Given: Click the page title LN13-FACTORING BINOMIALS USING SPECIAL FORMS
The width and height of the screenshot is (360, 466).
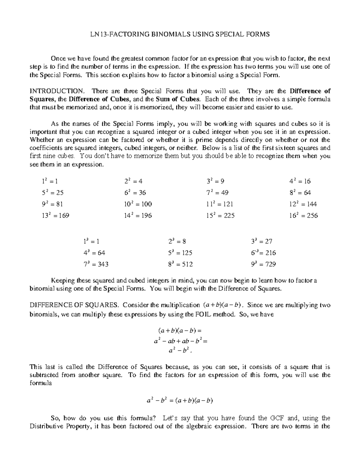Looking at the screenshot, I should click(x=180, y=34).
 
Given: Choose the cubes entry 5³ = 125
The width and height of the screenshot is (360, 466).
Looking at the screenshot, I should click(x=180, y=253).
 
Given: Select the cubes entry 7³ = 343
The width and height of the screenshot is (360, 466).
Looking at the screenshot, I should click(x=96, y=264).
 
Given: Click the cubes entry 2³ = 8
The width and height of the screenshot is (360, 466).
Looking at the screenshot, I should click(x=177, y=242).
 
